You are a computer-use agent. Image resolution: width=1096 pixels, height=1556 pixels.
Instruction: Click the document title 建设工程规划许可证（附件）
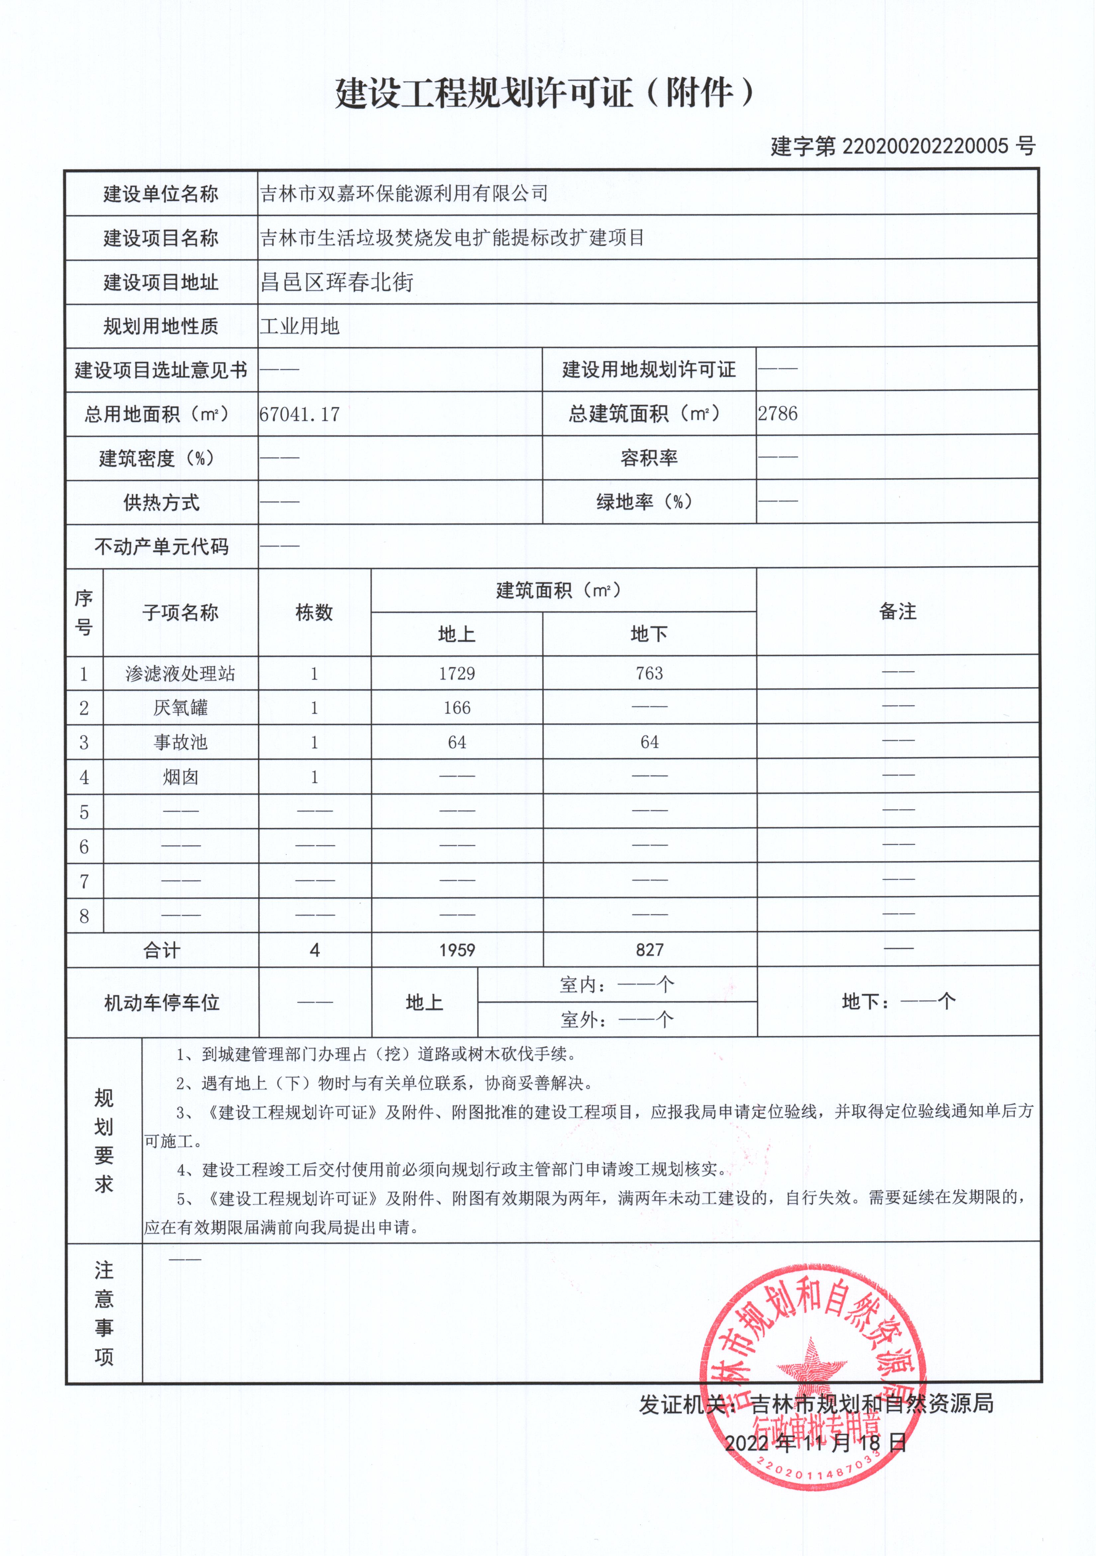click(544, 93)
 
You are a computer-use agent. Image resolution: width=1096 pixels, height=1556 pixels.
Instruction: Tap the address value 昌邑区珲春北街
click(337, 282)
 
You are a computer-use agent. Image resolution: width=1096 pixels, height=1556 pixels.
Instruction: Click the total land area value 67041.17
click(300, 414)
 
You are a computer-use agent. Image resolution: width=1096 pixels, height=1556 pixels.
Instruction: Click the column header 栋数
click(315, 613)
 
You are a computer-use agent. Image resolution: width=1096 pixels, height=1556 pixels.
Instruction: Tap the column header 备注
click(897, 611)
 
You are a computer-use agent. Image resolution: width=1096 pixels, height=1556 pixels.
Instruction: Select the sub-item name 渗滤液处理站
click(180, 674)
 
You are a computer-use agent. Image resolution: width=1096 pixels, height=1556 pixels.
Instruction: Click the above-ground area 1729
click(457, 674)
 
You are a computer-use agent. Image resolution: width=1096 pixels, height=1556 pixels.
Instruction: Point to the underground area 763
click(649, 674)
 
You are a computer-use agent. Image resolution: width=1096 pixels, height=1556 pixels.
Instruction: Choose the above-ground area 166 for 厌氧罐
click(457, 708)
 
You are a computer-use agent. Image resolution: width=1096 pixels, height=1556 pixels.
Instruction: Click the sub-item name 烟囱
click(180, 777)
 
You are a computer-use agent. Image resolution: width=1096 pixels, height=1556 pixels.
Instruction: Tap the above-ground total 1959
click(457, 950)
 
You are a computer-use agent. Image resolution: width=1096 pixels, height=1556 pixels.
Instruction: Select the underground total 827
click(649, 950)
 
